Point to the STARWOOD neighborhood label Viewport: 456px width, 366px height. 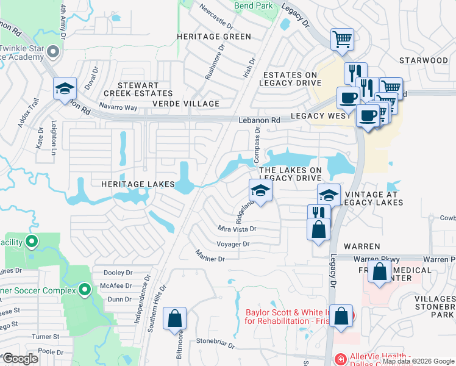pos(423,60)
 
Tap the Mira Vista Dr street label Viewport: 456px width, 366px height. pos(237,229)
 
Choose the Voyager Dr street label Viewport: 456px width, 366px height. pos(233,244)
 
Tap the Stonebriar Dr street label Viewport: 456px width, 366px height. pos(215,344)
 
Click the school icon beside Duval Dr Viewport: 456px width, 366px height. pos(65,89)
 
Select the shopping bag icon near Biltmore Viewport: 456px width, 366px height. pos(174,318)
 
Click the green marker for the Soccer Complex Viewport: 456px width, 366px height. pos(85,289)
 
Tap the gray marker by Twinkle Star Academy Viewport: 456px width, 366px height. pos(52,52)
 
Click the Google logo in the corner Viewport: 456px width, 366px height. pos(20,358)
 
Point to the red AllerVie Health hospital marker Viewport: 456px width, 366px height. pos(340,359)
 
